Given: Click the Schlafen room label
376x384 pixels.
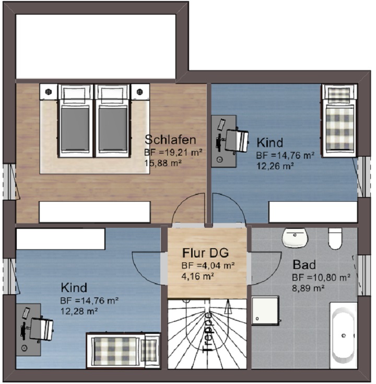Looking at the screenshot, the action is (170, 140).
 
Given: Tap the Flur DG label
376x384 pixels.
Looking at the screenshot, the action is (205, 253).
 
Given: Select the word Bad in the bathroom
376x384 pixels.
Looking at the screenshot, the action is (304, 265).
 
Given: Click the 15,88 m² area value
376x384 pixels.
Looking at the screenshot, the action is (163, 163).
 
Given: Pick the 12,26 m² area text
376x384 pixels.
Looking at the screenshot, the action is (275, 166).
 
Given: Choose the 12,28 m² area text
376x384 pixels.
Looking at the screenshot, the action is (79, 311).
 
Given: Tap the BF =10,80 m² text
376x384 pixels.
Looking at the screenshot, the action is (321, 278).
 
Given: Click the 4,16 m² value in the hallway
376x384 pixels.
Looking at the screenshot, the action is (198, 276).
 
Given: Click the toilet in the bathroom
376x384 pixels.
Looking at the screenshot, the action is (335, 239).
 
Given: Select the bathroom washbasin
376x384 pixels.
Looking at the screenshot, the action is (295, 237).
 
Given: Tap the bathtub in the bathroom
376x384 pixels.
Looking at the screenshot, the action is (344, 335).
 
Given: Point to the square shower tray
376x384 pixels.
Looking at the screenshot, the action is (265, 310).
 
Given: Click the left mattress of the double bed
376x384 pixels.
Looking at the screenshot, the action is (75, 129).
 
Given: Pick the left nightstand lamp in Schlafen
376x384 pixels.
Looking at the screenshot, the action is (49, 91).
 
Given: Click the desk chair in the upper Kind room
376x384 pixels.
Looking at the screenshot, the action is (236, 141).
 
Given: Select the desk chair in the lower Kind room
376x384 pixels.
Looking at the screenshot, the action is (41, 329).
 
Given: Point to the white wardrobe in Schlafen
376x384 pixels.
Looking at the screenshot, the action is (95, 212).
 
